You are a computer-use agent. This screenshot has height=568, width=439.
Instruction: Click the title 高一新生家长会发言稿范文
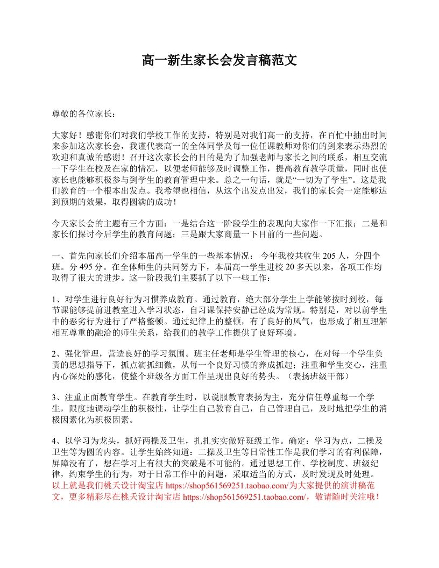pyautogui.click(x=219, y=60)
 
